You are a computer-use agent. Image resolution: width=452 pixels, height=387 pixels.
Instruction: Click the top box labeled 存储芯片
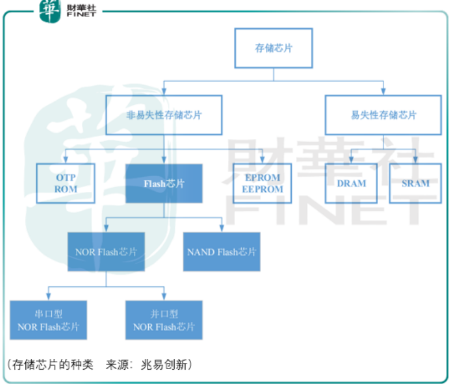(273, 48)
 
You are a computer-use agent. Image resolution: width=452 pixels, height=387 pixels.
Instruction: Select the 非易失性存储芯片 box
(164, 115)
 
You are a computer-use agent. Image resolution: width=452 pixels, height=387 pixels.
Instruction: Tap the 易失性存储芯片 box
(383, 115)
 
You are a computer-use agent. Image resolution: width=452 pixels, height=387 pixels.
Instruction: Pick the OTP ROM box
(66, 183)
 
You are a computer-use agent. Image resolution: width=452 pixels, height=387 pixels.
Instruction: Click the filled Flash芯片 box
(164, 183)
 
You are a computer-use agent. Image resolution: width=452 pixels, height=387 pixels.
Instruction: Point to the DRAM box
(351, 183)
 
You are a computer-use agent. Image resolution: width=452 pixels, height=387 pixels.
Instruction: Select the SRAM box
(415, 183)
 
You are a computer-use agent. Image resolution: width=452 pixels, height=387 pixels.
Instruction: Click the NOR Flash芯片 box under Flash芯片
(107, 252)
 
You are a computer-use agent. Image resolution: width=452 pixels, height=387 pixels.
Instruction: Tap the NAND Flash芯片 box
(222, 252)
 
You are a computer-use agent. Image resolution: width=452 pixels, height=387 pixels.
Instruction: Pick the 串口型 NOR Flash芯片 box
(48, 320)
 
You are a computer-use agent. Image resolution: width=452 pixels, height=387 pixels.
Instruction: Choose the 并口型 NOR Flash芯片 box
(164, 320)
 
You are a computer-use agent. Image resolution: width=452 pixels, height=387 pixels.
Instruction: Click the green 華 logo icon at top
(50, 10)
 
